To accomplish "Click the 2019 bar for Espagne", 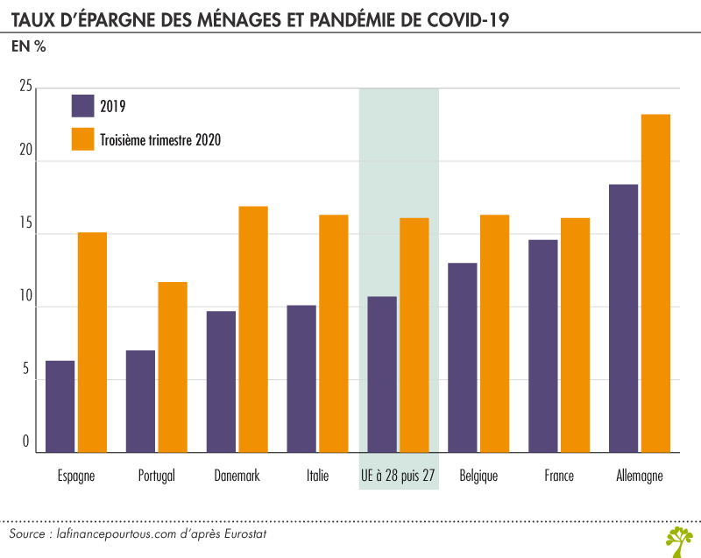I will [x=60, y=406].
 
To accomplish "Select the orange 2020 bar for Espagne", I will [x=92, y=343].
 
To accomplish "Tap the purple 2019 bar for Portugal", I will [x=140, y=401].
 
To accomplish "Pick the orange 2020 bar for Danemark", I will [x=253, y=329].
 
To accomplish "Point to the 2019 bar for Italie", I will [x=301, y=378].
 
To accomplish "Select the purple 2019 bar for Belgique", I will [x=463, y=357].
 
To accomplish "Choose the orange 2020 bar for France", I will [x=576, y=335].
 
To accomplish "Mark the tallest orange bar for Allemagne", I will [x=655, y=283].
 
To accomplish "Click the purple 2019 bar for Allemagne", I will [x=624, y=318].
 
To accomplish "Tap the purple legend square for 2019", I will [x=82, y=105].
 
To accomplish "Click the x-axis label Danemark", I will [x=237, y=477].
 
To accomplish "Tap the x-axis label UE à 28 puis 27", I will [x=399, y=477].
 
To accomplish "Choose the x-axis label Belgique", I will [x=478, y=477].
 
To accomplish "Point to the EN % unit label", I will [x=28, y=47].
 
